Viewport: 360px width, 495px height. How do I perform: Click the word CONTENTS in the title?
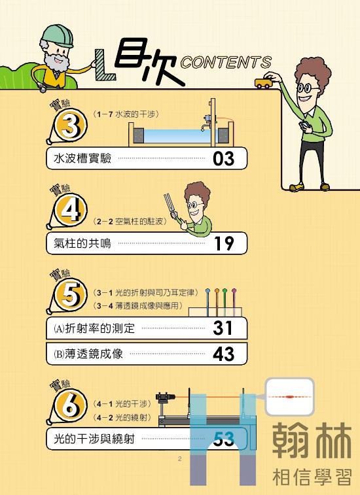(x=226, y=63)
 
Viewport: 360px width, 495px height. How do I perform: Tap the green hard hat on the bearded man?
(x=58, y=35)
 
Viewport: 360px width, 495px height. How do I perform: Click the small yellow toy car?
(x=263, y=83)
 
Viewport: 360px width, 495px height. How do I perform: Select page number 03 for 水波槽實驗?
(x=223, y=158)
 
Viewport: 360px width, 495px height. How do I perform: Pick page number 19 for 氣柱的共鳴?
(x=224, y=243)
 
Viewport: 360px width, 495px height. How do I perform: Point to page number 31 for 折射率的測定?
(x=223, y=328)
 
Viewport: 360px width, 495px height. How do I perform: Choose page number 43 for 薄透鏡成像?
(x=223, y=354)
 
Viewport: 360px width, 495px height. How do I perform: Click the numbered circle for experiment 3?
(x=71, y=125)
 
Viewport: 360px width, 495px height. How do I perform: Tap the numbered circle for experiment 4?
(x=71, y=210)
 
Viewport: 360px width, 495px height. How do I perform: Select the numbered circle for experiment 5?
(x=71, y=295)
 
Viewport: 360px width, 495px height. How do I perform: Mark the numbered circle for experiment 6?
(x=71, y=405)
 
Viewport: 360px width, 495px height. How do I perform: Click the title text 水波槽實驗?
(x=82, y=158)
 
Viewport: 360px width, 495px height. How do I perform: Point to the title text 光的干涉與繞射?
(x=94, y=439)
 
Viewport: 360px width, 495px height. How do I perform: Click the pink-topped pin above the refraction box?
(x=234, y=302)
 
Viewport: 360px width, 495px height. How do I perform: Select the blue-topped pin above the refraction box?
(x=207, y=302)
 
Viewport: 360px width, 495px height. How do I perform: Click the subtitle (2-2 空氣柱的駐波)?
(x=130, y=222)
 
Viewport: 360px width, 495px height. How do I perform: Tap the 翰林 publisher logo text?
(x=312, y=441)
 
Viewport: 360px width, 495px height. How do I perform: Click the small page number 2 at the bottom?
(x=179, y=458)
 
